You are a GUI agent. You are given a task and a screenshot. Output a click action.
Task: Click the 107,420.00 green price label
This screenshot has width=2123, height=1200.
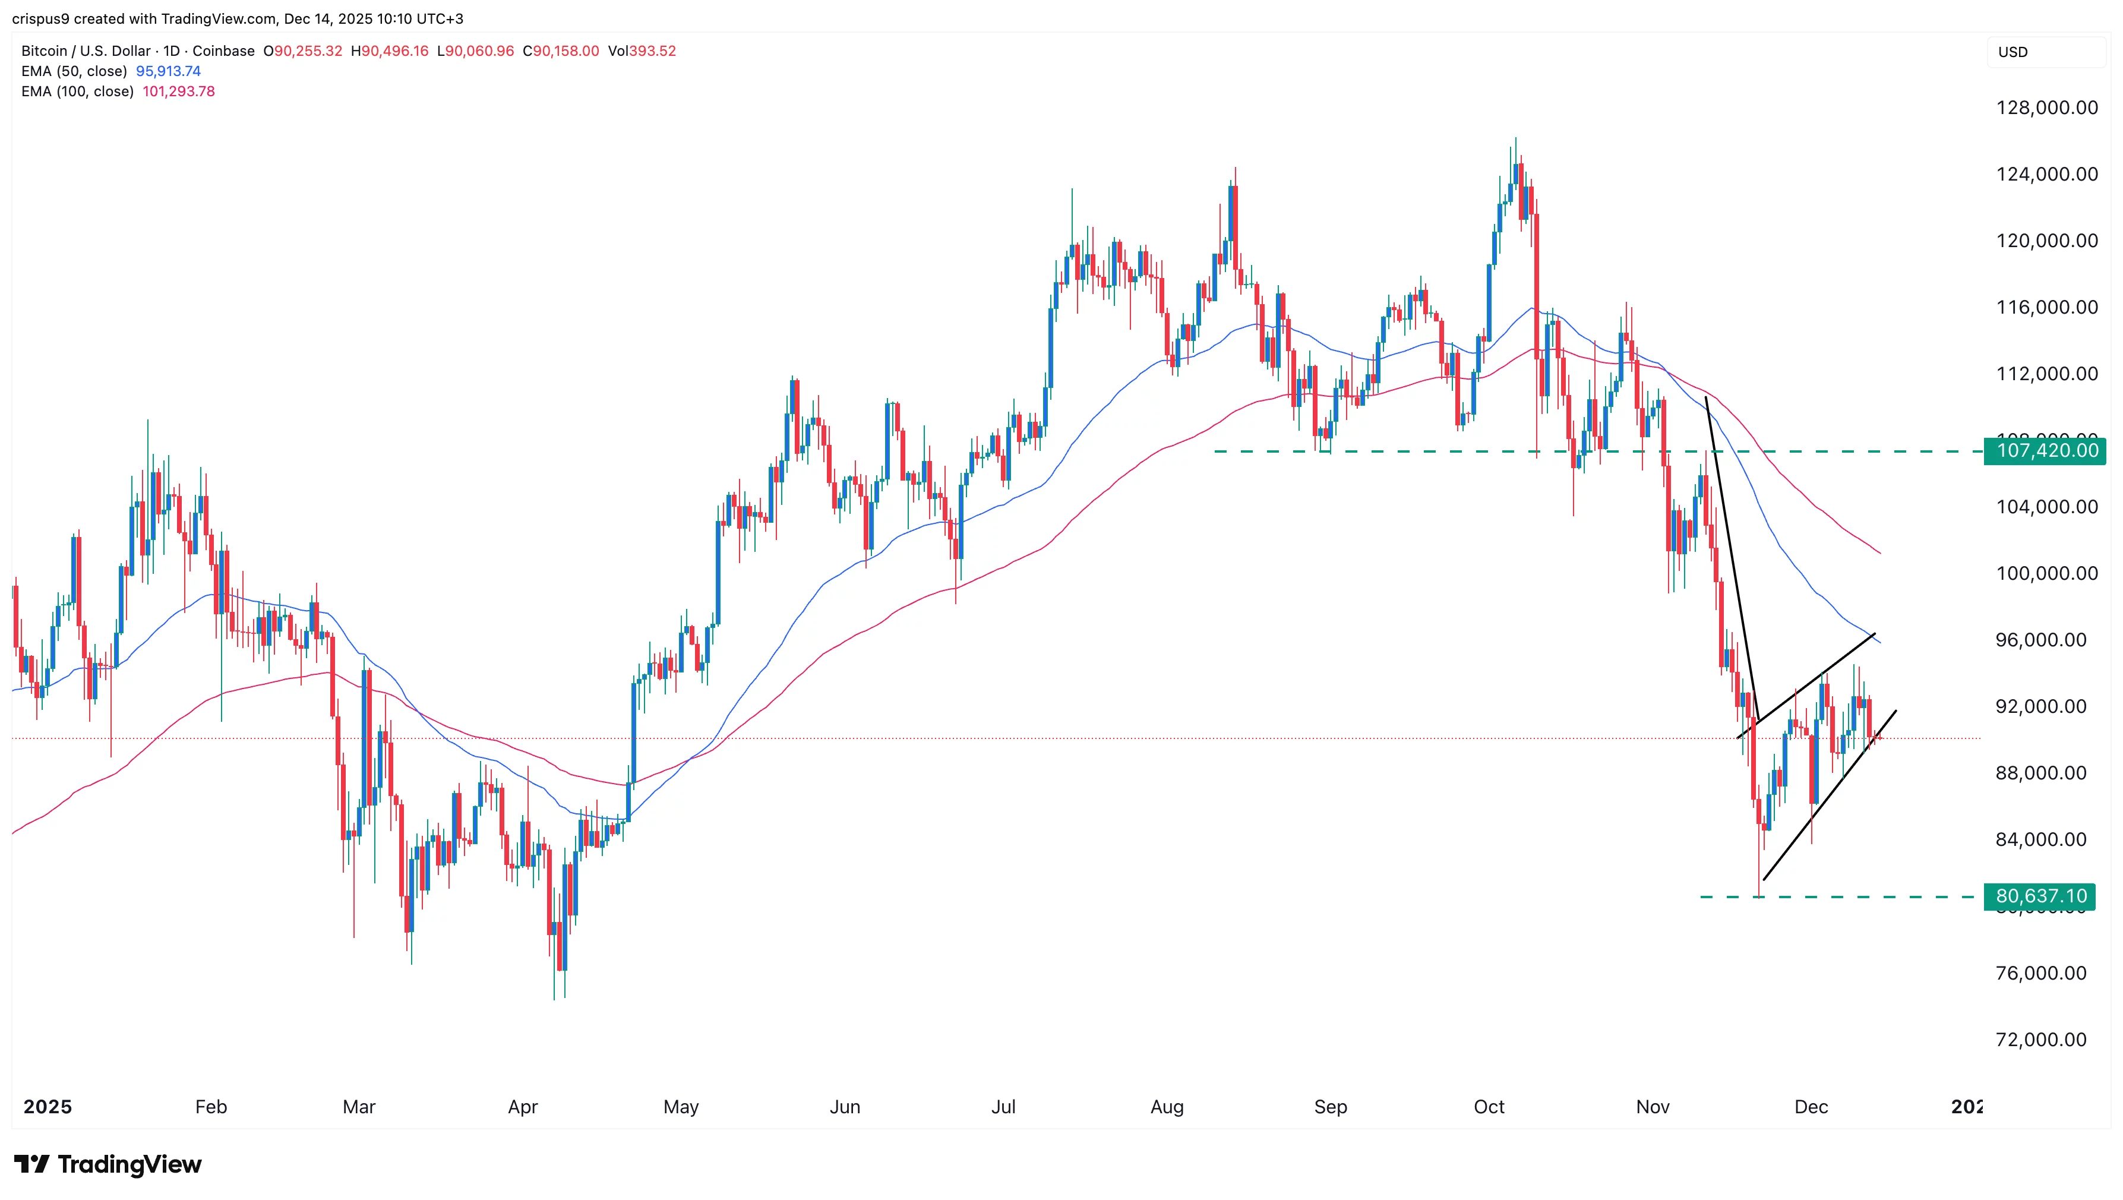coord(2046,451)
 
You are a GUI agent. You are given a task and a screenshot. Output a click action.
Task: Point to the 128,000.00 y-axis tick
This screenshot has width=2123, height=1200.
coord(2046,108)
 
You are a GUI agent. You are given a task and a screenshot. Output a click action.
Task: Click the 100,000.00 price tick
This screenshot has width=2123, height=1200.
coord(2046,574)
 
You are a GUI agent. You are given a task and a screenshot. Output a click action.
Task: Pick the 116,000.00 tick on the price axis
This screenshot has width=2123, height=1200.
coord(2046,307)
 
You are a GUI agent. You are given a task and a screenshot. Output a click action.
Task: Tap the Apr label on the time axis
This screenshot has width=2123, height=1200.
coord(523,1107)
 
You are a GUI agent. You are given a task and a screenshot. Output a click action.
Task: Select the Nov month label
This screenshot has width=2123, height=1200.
coord(1653,1107)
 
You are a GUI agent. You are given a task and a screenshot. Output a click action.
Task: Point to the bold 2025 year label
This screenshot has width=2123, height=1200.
coord(48,1107)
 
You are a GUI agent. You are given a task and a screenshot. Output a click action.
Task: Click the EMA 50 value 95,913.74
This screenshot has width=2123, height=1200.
coord(168,71)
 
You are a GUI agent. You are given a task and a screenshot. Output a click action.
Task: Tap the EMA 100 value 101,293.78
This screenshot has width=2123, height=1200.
coord(179,91)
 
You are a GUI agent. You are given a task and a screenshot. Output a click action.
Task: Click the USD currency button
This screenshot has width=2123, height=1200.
coord(2013,52)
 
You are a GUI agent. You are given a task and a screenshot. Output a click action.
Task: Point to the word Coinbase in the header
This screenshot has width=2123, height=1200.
coord(223,51)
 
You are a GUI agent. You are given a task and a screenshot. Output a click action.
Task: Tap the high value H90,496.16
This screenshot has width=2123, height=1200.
coord(390,51)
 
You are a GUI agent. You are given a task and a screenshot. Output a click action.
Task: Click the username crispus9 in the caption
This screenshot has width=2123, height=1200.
coord(40,19)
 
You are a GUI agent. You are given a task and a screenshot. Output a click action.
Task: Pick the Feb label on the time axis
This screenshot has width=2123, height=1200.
coord(211,1107)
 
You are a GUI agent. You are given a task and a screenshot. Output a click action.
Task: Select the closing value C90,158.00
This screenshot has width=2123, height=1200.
coord(561,51)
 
